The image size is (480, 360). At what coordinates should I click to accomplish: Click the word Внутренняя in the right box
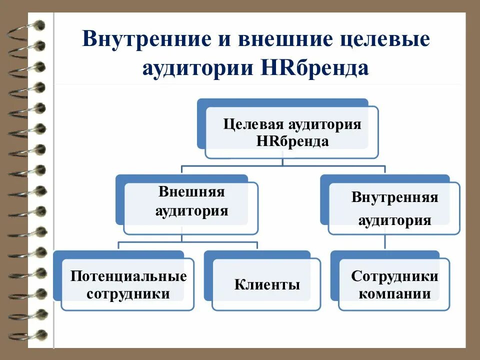[x=395, y=197]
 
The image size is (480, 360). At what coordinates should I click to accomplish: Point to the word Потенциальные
[x=128, y=276]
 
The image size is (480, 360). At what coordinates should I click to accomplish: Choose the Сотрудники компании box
[x=394, y=284]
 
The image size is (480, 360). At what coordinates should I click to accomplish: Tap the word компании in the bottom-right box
[x=395, y=293]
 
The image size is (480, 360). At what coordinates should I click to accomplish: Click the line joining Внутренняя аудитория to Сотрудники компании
[x=385, y=242]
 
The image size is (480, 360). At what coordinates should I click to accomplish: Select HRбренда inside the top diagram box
[x=292, y=141]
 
